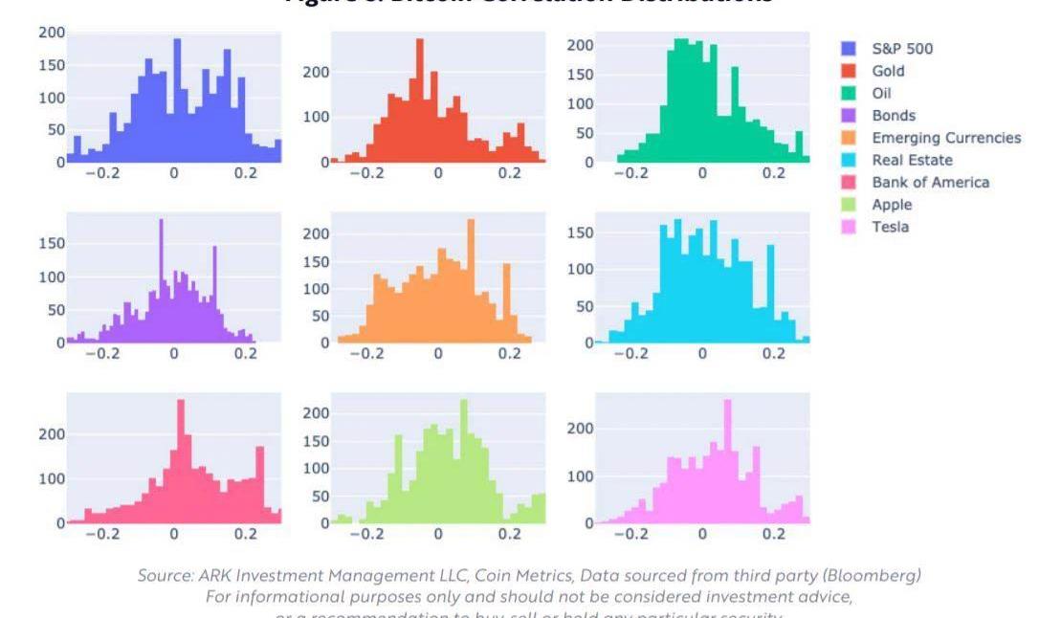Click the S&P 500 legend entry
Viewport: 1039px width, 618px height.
pos(902,49)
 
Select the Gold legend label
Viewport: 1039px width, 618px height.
pos(887,71)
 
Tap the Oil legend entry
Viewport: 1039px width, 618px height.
pos(881,94)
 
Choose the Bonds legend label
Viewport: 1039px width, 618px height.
pos(893,116)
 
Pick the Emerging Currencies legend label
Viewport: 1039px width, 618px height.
pos(945,138)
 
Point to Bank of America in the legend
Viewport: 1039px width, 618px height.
pos(930,182)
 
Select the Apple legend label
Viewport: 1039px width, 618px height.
pos(891,205)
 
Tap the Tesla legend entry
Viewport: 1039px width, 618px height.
pos(890,227)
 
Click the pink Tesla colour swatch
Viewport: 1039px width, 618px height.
pos(848,227)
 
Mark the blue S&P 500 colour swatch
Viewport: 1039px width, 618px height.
pos(848,49)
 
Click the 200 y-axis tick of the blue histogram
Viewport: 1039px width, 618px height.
pos(52,33)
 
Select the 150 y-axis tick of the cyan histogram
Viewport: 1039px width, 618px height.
pos(581,232)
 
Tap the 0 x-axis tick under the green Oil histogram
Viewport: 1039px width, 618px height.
pos(702,173)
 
